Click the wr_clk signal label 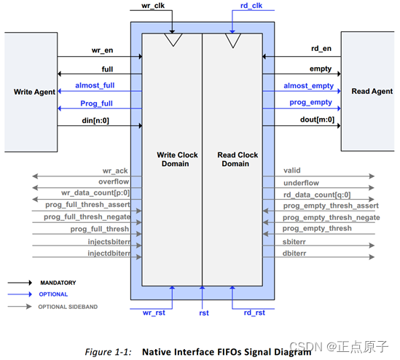pos(153,5)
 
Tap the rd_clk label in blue pos(251,5)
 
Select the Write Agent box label pos(34,92)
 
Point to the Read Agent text pos(372,91)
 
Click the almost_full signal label pos(95,85)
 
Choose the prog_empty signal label pos(310,103)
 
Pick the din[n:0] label pos(95,120)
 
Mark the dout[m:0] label pos(317,120)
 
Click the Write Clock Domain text pos(177,159)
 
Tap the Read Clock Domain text pos(238,159)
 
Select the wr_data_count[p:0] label pos(95,193)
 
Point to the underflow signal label pos(302,183)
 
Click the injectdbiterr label pos(109,254)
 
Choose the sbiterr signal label pos(294,242)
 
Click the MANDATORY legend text pos(58,283)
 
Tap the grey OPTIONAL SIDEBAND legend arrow pos(20,306)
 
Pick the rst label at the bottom pos(204,313)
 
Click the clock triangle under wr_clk pos(173,39)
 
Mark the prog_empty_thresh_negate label pos(331,218)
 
